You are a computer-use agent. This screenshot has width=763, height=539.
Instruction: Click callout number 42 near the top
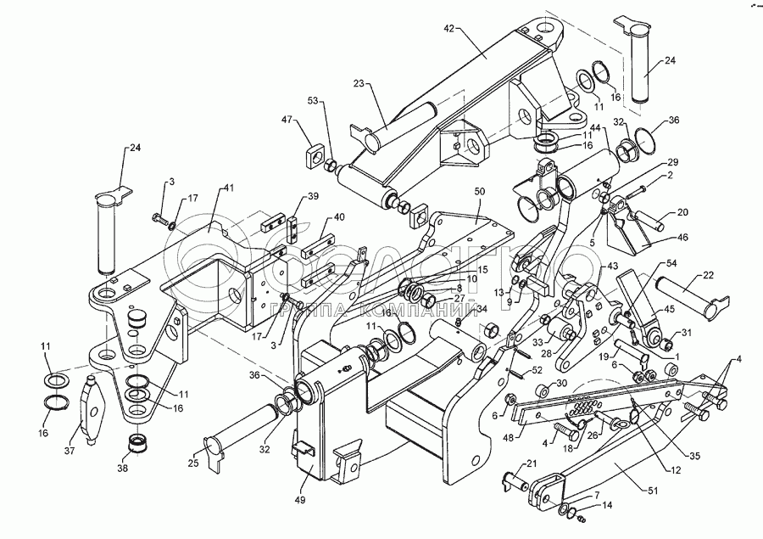(449, 28)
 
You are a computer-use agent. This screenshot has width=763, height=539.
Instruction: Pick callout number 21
(532, 463)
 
